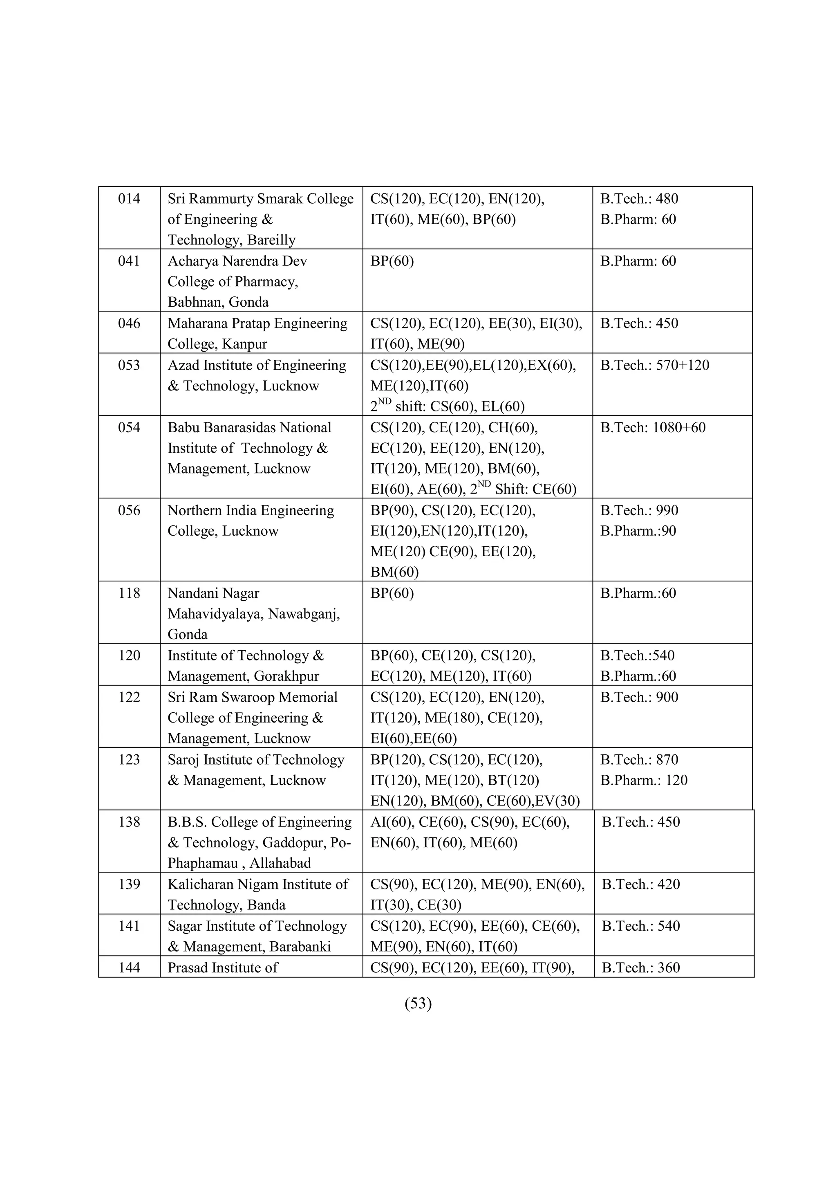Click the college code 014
(129, 199)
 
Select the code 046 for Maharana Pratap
(129, 323)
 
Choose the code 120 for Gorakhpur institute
(129, 656)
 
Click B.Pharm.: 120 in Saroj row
(644, 780)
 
